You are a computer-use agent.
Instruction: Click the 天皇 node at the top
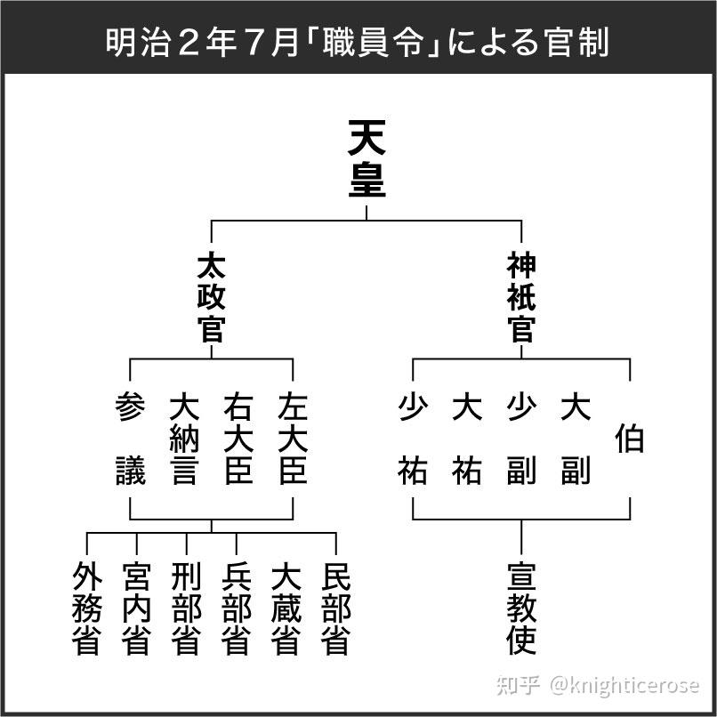pyautogui.click(x=367, y=160)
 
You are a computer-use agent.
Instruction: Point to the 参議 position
pyautogui.click(x=130, y=439)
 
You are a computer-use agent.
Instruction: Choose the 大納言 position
pyautogui.click(x=184, y=439)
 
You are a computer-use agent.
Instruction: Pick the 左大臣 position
pyautogui.click(x=293, y=439)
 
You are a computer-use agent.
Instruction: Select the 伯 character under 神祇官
pyautogui.click(x=630, y=439)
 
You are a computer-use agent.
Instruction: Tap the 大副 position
pyautogui.click(x=576, y=439)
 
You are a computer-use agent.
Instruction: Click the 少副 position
pyautogui.click(x=521, y=439)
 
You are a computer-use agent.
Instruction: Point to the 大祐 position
pyautogui.click(x=467, y=439)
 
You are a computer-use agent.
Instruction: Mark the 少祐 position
pyautogui.click(x=413, y=439)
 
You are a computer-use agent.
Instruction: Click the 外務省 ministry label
pyautogui.click(x=86, y=608)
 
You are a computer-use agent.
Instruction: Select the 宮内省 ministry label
pyautogui.click(x=136, y=608)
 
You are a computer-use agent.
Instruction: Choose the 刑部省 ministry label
pyautogui.click(x=186, y=608)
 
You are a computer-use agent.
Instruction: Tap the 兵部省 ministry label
pyautogui.click(x=236, y=608)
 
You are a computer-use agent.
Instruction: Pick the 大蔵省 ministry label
pyautogui.click(x=286, y=608)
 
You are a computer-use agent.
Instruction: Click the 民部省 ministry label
pyautogui.click(x=335, y=608)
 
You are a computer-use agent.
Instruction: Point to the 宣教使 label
pyautogui.click(x=521, y=608)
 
